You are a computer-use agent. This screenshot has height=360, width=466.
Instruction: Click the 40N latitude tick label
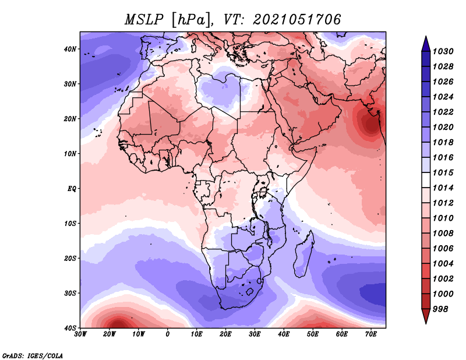70,49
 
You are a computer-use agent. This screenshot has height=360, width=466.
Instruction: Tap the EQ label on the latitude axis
72,189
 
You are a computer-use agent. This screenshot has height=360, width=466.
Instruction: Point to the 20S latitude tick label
70,258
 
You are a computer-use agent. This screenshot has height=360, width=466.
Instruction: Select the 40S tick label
70,328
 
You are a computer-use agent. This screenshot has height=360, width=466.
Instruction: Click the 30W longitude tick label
80,334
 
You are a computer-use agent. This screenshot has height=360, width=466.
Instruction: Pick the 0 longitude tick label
168,334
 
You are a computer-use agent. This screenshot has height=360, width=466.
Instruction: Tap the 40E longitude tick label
284,334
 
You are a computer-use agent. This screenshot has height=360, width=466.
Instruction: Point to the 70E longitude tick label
371,334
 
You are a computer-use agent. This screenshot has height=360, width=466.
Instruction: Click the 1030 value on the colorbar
443,51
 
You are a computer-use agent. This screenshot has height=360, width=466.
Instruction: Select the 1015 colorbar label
443,172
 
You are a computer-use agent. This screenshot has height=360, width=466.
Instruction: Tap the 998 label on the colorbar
440,309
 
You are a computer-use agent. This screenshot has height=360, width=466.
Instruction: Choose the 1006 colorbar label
443,249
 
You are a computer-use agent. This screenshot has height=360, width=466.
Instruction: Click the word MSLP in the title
144,20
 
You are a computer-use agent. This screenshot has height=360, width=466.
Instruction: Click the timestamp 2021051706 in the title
296,20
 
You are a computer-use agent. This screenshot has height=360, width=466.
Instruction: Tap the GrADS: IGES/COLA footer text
33,355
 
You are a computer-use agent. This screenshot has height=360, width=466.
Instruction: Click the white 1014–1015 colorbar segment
426,180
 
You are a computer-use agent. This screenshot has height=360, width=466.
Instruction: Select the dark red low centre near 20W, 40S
118,324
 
